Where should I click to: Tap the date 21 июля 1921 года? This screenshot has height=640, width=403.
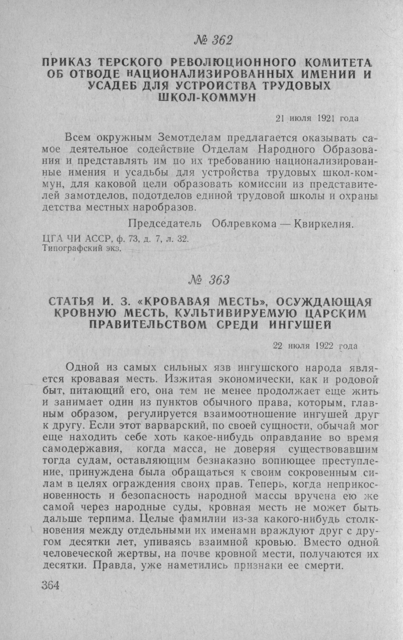coord(317,118)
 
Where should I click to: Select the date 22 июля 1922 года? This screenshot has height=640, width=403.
coord(315,346)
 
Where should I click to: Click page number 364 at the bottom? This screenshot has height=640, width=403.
coord(51,586)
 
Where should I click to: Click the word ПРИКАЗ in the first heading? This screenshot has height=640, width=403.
coord(66,63)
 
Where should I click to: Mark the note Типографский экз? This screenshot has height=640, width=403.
coord(82,248)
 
